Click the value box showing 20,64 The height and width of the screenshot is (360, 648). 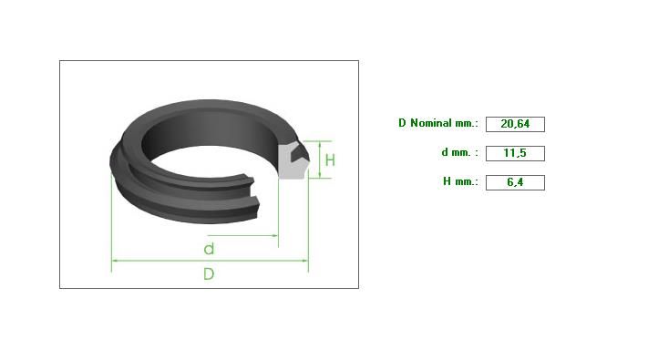515,124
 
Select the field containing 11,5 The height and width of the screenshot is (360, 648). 515,153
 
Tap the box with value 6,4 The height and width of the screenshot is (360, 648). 515,182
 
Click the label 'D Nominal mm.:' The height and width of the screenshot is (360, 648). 438,123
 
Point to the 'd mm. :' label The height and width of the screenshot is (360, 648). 459,152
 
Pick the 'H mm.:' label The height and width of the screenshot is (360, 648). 460,181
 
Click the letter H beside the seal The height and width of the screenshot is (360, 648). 330,160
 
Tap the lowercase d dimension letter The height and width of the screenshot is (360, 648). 209,249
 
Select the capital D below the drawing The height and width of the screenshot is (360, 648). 209,273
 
